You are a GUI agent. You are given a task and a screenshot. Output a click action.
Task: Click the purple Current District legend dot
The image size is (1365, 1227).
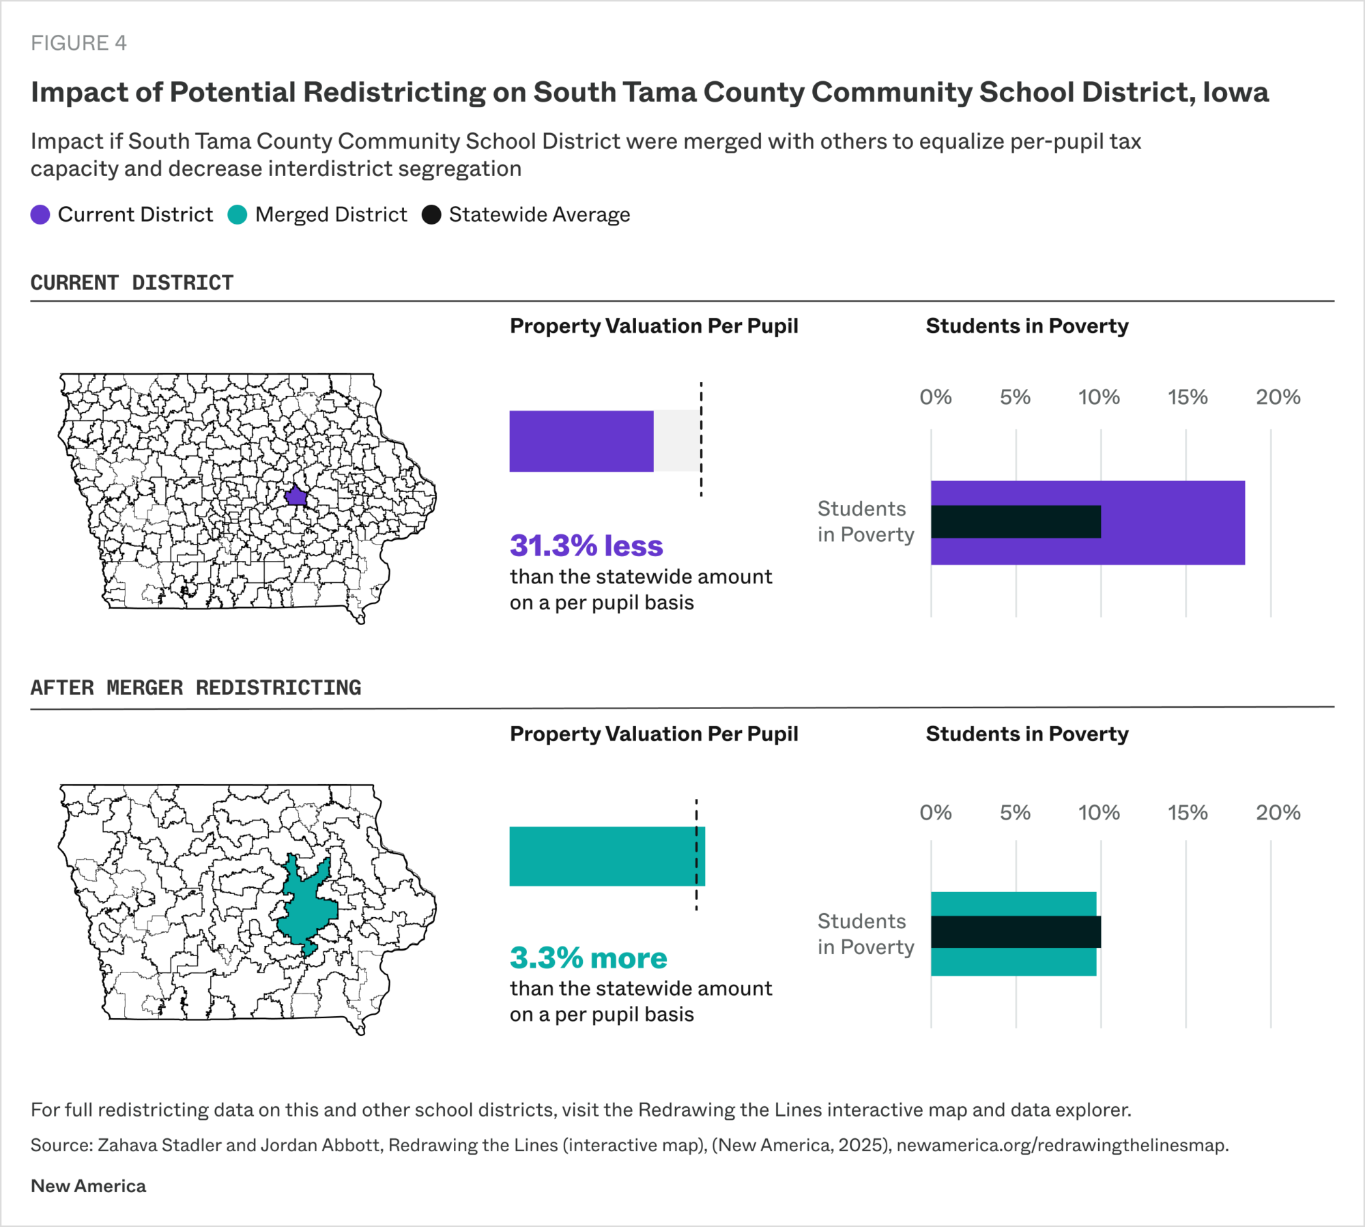coord(40,215)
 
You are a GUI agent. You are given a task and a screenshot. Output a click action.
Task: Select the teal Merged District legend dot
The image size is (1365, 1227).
coord(237,215)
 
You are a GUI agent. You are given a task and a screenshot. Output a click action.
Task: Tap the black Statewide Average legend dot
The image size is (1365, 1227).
coord(431,215)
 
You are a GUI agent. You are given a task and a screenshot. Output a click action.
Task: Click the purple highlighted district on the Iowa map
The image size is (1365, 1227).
coord(296,496)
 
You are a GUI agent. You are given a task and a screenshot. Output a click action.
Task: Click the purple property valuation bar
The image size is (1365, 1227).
coord(581,441)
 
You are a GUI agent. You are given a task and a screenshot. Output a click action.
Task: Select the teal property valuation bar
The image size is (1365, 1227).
coord(606,856)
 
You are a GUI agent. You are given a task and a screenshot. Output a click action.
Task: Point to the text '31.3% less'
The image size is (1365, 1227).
coord(586,546)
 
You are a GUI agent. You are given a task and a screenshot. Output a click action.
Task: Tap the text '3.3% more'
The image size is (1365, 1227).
coord(588,958)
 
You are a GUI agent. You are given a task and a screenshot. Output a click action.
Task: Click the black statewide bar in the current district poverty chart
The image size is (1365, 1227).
coord(1016,521)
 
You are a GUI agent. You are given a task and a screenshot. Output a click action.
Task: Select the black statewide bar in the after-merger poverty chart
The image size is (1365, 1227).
coord(1016,932)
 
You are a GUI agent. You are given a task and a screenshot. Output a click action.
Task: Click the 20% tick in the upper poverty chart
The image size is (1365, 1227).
coord(1278,397)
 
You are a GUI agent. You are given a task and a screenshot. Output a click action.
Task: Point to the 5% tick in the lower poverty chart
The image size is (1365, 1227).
coord(1015,813)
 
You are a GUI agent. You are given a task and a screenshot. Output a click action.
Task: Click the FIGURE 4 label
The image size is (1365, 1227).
coord(78,43)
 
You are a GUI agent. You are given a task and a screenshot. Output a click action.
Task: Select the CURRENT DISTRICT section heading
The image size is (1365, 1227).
coord(132,283)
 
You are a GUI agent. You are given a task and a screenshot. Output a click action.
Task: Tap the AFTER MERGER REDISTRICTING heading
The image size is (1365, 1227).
coord(196,687)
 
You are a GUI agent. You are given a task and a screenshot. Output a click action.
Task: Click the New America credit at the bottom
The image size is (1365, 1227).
coord(88,1186)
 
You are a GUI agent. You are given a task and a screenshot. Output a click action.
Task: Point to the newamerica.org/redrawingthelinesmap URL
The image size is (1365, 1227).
coord(1062,1145)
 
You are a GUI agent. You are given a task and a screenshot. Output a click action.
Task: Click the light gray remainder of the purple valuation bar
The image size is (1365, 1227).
coord(676,441)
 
